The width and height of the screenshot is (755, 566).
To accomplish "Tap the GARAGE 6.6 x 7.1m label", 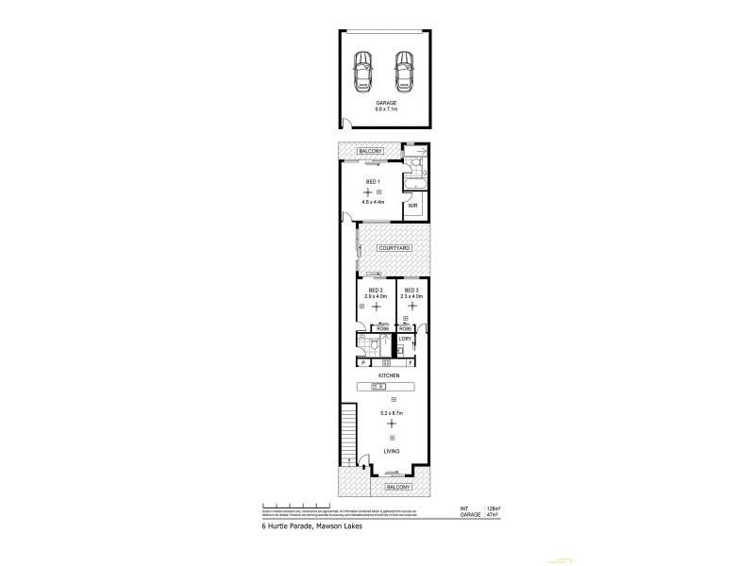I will click(x=386, y=108).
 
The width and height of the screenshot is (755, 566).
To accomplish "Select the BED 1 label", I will click(x=373, y=181).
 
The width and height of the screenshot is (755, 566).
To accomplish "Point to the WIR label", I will click(x=412, y=205).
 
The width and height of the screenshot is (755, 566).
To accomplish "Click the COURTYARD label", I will click(x=393, y=247).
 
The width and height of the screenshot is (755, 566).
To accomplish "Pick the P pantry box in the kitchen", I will click(x=363, y=363).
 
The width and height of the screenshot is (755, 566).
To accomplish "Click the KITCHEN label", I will click(x=389, y=375).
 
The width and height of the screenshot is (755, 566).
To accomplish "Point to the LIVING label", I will click(x=390, y=453).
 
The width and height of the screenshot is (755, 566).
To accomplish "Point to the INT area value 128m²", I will click(x=492, y=509).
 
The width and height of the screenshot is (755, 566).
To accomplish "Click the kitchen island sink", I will click(x=389, y=387).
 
